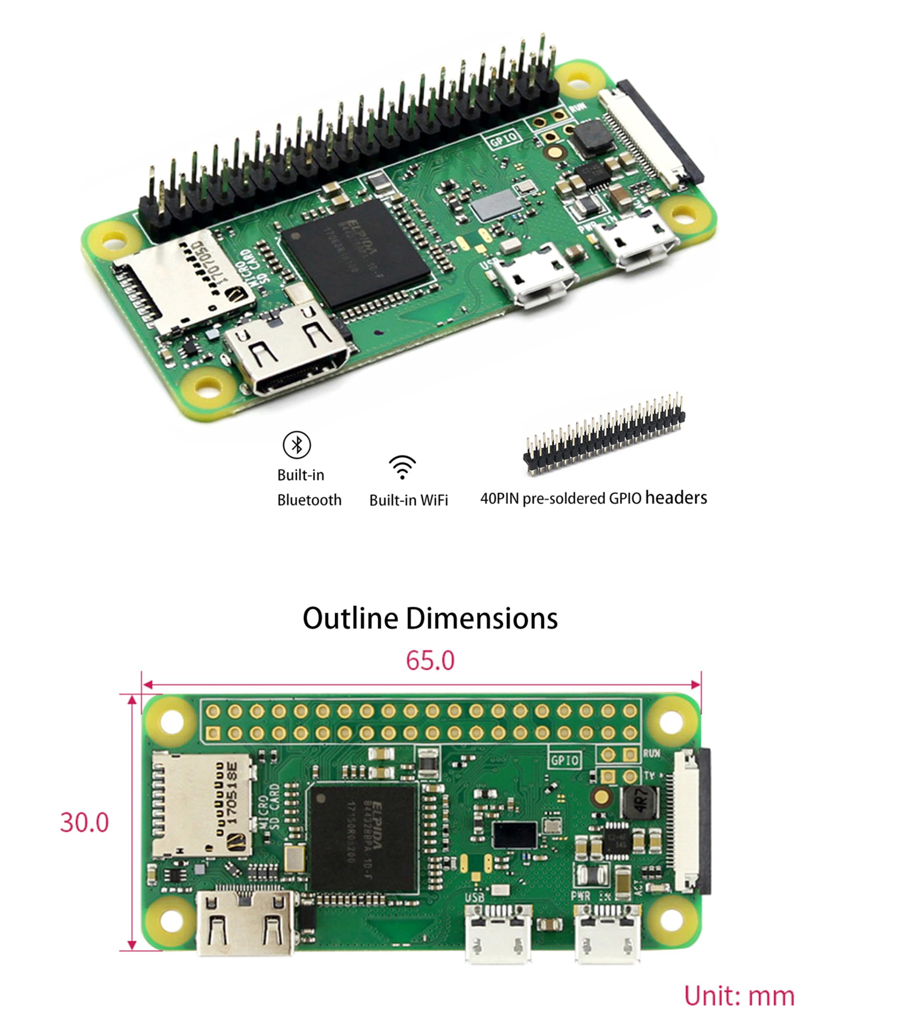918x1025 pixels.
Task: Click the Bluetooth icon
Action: pos(296,445)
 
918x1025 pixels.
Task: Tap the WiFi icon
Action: pos(402,467)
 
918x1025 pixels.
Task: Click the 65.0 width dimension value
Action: pos(430,661)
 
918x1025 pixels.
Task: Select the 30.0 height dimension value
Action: pos(84,822)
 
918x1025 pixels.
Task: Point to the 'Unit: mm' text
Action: pos(739,996)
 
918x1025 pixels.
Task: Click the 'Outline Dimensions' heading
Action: pos(430,618)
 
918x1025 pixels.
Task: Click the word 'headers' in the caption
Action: pos(676,498)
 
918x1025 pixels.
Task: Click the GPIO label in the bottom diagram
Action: pos(564,760)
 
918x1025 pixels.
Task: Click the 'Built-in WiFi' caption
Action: pos(409,500)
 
